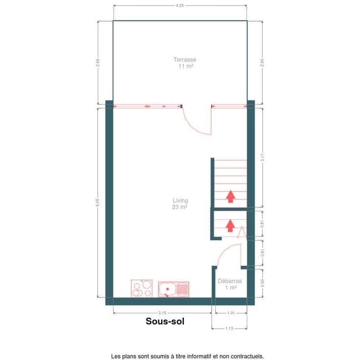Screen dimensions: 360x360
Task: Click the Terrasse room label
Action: coord(185,60)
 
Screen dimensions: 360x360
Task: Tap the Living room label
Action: coord(180,201)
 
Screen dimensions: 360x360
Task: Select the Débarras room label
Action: coord(230,281)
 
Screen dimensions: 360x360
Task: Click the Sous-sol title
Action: coord(165,321)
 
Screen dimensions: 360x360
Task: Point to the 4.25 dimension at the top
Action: coord(180,5)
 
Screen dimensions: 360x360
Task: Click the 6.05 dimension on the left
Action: coord(97,202)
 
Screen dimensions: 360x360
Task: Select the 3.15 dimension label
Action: coord(162,313)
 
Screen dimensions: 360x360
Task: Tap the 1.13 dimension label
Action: coord(229,329)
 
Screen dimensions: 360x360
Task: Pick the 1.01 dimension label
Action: coord(231,313)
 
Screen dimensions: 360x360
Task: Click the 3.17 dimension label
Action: coord(263,157)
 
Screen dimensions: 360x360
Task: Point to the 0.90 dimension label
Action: coord(263,283)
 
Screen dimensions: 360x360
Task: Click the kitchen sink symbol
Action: coord(174,289)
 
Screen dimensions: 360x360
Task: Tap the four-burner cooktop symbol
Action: coord(142,289)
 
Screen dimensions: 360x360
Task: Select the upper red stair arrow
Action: coord(230,196)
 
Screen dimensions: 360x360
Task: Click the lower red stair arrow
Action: coord(230,225)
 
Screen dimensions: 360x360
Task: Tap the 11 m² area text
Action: coord(186,67)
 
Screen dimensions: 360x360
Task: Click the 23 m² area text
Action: coord(180,207)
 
